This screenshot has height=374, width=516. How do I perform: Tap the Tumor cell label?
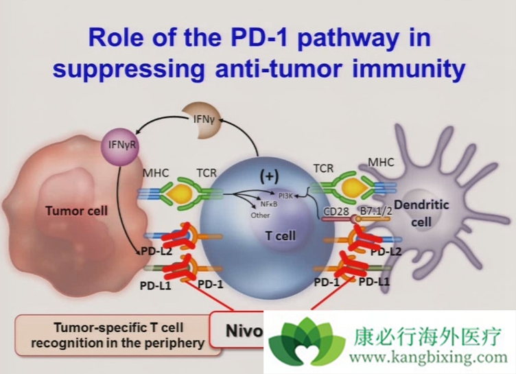[x=76, y=210]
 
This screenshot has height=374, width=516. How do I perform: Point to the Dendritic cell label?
[x=430, y=213]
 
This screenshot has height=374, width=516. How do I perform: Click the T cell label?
[x=281, y=235]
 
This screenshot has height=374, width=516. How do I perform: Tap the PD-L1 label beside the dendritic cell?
[x=375, y=281]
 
